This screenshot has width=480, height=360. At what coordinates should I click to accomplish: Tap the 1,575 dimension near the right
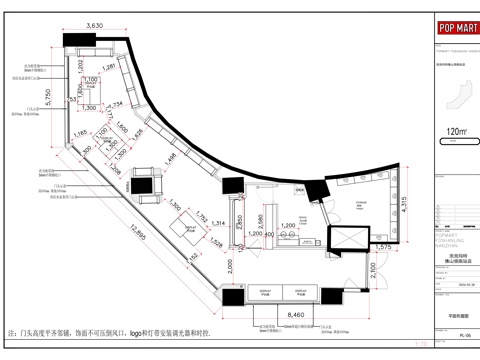click(x=383, y=246)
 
